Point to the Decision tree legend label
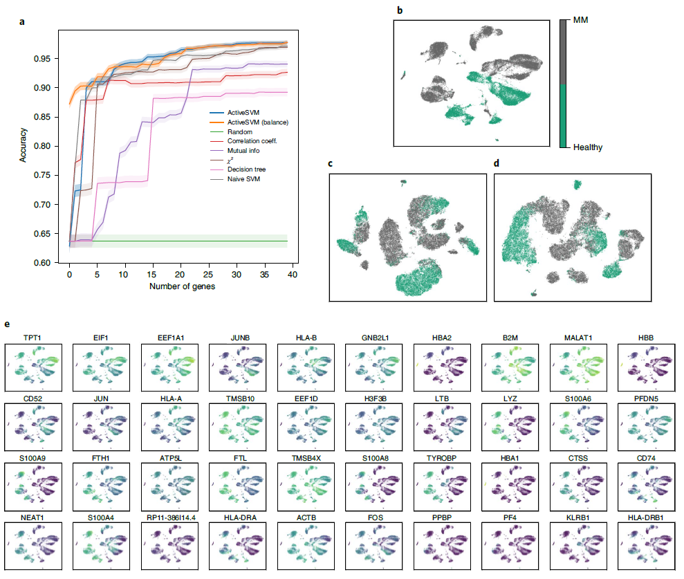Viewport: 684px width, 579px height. click(x=246, y=169)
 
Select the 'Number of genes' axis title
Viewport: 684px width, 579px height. click(x=181, y=286)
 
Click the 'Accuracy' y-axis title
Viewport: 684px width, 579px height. click(x=24, y=146)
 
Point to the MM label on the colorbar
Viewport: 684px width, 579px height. click(x=582, y=21)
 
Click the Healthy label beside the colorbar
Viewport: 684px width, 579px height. click(x=588, y=147)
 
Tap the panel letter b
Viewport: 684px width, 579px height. click(x=399, y=10)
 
